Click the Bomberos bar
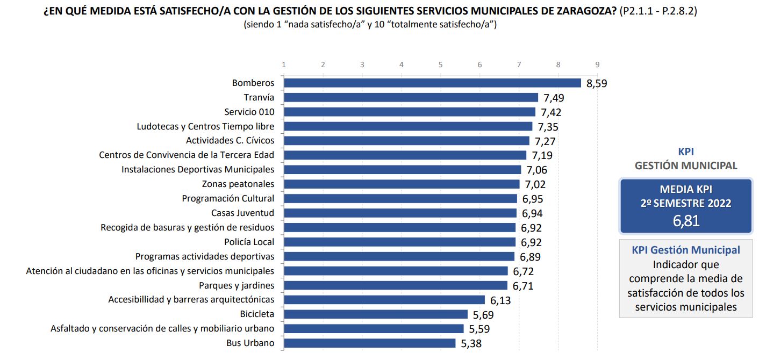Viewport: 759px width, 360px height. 432,83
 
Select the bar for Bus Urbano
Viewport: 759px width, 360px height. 369,343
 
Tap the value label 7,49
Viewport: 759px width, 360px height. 553,98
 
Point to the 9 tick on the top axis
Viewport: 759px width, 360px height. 597,64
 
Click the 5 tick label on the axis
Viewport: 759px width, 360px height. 440,64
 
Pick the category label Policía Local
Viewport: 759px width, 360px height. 249,242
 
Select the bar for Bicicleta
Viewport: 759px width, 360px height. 375,314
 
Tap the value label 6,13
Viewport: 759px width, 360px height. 500,300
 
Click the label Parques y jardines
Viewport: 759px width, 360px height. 236,285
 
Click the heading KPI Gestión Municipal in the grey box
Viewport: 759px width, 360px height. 686,250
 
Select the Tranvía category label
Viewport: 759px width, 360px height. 259,97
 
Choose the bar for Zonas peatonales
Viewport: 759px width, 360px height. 402,184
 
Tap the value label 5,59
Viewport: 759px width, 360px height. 479,329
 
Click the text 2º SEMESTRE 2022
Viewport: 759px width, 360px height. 686,203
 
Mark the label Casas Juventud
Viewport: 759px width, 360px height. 242,213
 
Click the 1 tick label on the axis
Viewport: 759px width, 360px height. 284,64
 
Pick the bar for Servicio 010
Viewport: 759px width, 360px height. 410,112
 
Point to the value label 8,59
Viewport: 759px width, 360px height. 596,84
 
